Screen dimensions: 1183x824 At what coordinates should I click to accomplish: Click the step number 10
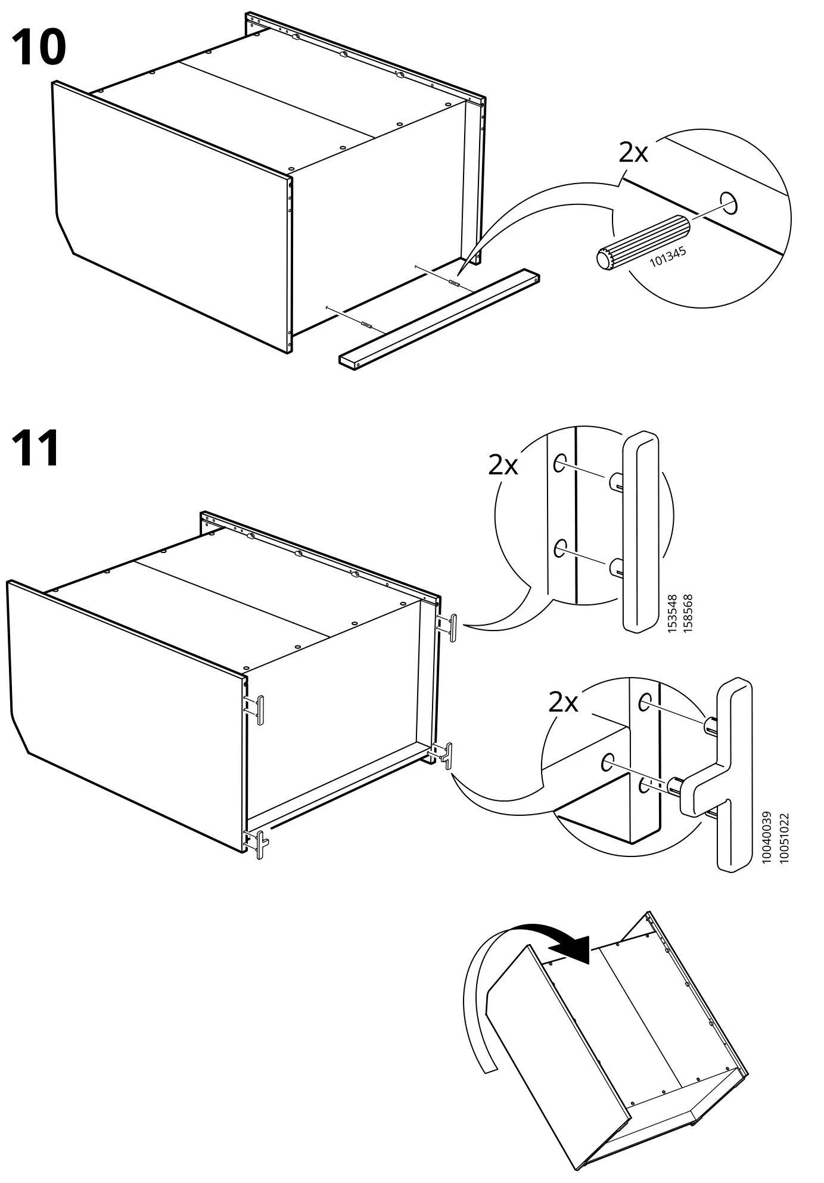coord(38,49)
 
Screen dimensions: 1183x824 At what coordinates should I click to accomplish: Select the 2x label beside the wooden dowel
coord(633,153)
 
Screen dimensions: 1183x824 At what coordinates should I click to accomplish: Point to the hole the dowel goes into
coord(728,203)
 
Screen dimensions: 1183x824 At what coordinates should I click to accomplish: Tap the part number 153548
coord(673,613)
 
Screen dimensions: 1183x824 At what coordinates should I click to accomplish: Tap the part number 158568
coord(688,613)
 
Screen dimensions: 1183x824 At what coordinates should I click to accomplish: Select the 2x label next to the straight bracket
coord(503,464)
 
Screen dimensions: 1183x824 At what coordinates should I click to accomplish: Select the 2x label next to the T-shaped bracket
coord(563,703)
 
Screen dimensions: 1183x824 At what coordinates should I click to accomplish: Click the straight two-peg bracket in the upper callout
coord(641,530)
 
